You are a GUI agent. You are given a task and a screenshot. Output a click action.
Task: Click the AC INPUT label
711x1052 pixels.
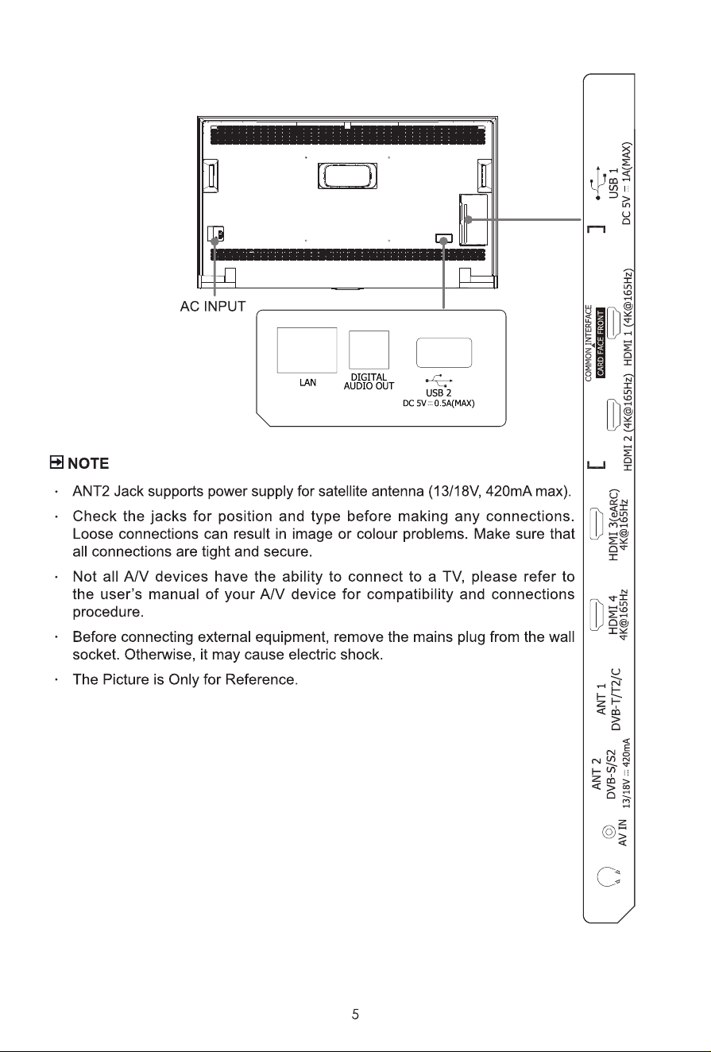pos(213,307)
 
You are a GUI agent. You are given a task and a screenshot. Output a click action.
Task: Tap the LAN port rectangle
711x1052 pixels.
pos(307,350)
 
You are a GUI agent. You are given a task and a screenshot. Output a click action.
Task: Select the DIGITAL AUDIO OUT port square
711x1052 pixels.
pos(369,350)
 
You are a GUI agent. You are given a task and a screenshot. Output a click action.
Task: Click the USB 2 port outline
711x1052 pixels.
pos(444,353)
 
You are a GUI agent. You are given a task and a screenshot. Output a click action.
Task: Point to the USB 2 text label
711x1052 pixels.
pos(439,393)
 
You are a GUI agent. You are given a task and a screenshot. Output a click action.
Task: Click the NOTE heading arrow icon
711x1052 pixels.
pos(56,462)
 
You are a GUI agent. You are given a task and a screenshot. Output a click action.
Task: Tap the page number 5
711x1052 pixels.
pos(356,1015)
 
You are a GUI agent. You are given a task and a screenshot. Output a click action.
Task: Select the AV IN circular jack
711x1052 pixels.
pos(609,832)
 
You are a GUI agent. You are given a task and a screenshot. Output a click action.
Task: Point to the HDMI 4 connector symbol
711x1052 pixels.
pos(597,615)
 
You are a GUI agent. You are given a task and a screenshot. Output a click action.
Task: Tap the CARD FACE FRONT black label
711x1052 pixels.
pos(600,342)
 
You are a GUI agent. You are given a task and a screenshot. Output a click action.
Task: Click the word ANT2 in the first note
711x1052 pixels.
pos(91,491)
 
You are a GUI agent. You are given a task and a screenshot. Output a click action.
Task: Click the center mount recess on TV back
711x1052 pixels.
pos(347,176)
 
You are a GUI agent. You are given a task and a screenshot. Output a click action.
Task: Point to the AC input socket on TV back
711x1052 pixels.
pos(215,234)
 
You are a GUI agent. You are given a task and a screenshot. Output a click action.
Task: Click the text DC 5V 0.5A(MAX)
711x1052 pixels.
pos(439,404)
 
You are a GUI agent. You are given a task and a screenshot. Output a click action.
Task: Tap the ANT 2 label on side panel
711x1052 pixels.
pos(597,773)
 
